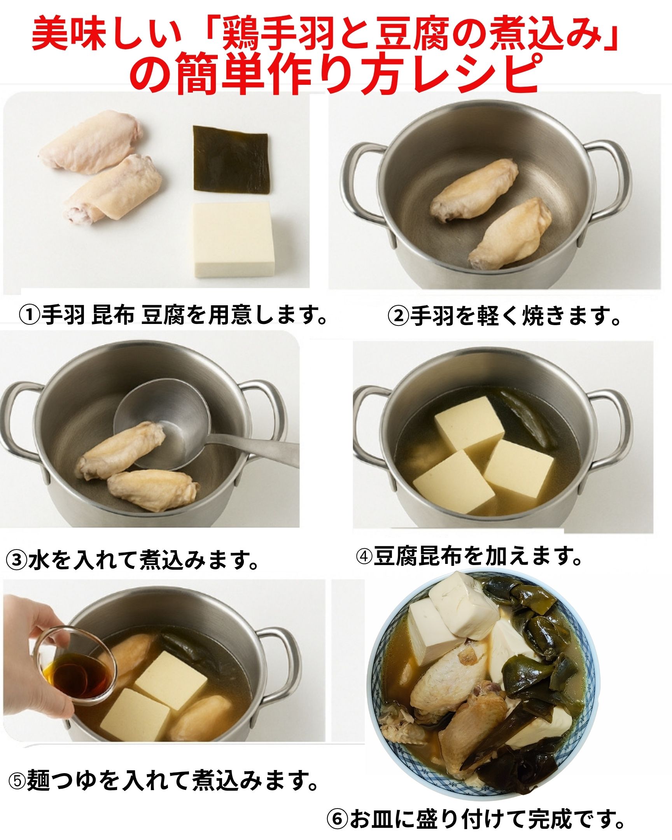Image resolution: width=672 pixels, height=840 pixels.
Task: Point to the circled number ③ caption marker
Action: coord(16,561)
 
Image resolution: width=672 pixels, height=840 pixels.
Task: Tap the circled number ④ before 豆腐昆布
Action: coord(364,557)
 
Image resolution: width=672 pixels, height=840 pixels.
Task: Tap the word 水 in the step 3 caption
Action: coord(37,561)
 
